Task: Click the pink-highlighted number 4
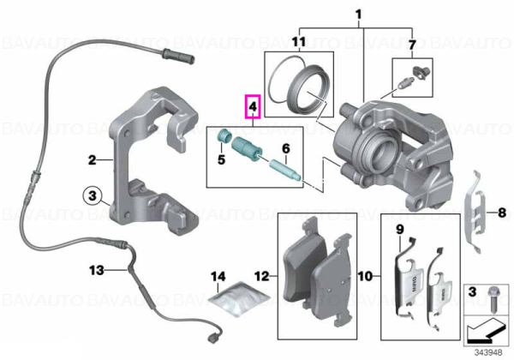(253, 106)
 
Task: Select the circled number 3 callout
(93, 195)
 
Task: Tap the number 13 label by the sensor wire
(97, 271)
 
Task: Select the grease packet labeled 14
(239, 298)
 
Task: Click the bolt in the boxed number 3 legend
(493, 298)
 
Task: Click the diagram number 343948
(488, 352)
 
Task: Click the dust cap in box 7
(421, 72)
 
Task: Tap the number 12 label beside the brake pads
(262, 276)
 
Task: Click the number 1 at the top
(359, 15)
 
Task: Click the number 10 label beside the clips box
(365, 276)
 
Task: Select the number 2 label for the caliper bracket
(93, 159)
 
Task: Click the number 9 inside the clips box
(400, 230)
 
